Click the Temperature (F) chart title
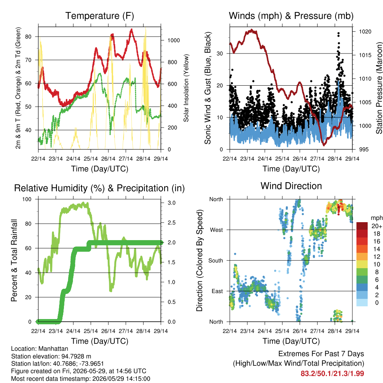[x=99, y=16]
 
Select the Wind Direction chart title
[x=291, y=186]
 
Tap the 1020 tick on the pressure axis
[x=365, y=31]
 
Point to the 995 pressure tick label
[x=364, y=149]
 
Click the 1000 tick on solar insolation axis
[x=174, y=40]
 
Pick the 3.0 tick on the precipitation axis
[x=171, y=203]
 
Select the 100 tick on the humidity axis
[x=27, y=199]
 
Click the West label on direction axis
[x=217, y=230]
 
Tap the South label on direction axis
[x=216, y=261]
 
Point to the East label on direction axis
[x=217, y=291]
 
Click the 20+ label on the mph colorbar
[x=376, y=226]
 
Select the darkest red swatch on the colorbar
[x=362, y=226]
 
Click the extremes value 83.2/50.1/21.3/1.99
[x=332, y=374]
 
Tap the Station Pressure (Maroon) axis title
[x=379, y=88]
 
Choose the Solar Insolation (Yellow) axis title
[x=186, y=88]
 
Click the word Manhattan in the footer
[x=53, y=349]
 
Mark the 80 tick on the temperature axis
[x=28, y=37]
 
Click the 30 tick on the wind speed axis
[x=220, y=53]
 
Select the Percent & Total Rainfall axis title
[x=14, y=260]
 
